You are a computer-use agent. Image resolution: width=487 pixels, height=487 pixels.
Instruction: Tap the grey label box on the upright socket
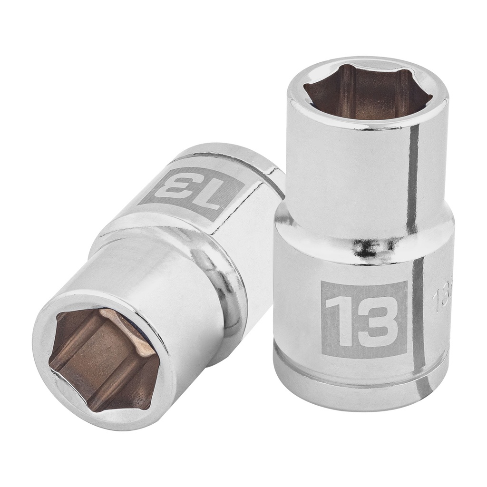click(x=363, y=318)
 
